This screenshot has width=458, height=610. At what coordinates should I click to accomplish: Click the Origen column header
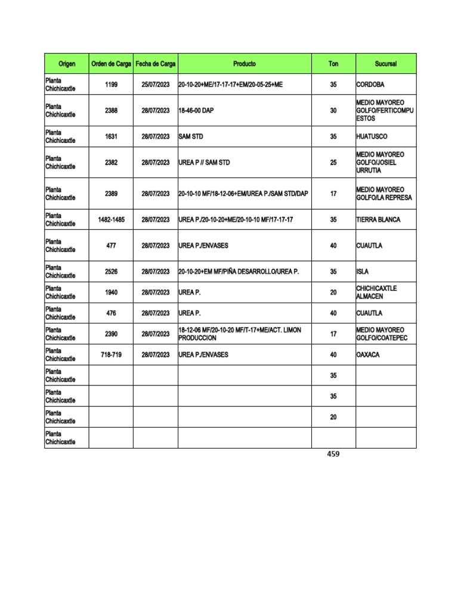pos(67,64)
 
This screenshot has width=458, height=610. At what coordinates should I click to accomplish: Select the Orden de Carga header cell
pos(111,64)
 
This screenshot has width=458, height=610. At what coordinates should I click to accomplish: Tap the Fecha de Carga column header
pos(156,64)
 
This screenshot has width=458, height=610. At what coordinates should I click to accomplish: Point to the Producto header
pos(245,64)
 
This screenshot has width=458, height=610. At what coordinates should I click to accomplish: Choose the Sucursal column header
pos(386,64)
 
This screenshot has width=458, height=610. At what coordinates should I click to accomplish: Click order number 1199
pos(111,85)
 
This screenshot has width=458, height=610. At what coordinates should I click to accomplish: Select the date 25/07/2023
pos(156,85)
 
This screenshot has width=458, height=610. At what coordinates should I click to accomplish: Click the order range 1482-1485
pos(111,220)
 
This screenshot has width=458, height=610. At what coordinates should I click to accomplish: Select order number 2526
pos(111,272)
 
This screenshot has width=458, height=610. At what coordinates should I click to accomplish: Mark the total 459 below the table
pos(333,455)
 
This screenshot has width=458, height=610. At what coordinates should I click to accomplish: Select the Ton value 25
pos(333,163)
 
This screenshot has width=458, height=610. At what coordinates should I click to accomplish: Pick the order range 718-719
pos(111,354)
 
